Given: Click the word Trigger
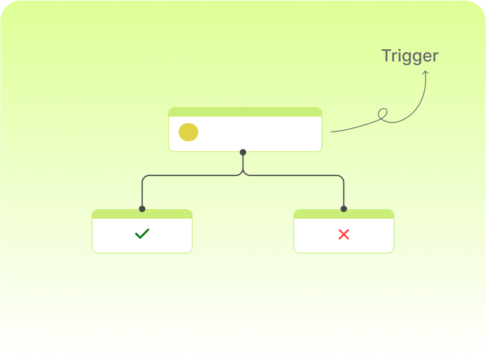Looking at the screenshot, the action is [410, 56].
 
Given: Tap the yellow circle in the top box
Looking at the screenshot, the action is [189, 132].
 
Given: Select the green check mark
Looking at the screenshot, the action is [142, 233].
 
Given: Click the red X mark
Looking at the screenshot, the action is [344, 234].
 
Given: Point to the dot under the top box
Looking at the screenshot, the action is [243, 152].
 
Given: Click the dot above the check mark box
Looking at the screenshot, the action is [142, 209].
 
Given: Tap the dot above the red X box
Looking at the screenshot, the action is [344, 209].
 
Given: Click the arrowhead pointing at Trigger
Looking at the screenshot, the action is [425, 73].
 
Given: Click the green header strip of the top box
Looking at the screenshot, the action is [245, 112].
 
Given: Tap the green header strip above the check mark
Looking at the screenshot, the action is [142, 214].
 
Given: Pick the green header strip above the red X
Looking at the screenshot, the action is [344, 214].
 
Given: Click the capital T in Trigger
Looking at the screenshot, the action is [386, 55].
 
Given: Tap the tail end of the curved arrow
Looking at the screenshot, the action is [332, 132].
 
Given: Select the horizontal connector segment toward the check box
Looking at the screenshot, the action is [192, 175].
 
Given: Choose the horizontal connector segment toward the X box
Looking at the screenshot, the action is [294, 175].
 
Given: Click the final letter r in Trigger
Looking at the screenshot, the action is [436, 57].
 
